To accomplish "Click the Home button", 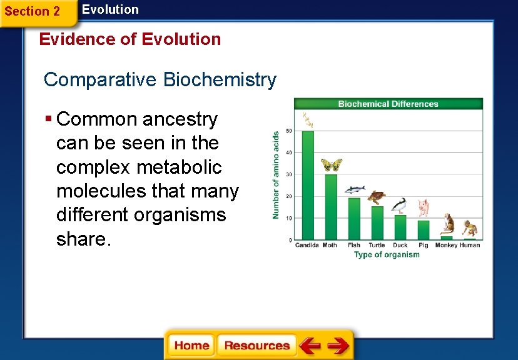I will coord(191,346).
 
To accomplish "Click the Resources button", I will coord(257,346).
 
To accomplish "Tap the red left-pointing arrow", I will coord(309,346).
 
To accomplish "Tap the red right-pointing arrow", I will coord(338,346).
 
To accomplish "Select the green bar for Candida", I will coord(308,186).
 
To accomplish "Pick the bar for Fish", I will coord(354,219).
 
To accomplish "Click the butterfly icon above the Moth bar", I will coord(332,164).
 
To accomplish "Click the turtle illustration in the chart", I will coord(376,197).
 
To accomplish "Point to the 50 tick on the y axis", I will coord(288,131).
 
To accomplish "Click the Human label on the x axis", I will coord(470,246).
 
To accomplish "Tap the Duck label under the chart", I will coord(400,246).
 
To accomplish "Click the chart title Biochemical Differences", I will coord(388,104).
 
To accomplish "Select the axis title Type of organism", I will coord(387,255).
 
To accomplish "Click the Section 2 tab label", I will coord(33,11).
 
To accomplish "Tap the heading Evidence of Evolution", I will coord(130,39).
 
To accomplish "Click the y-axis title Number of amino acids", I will coord(276,174).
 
